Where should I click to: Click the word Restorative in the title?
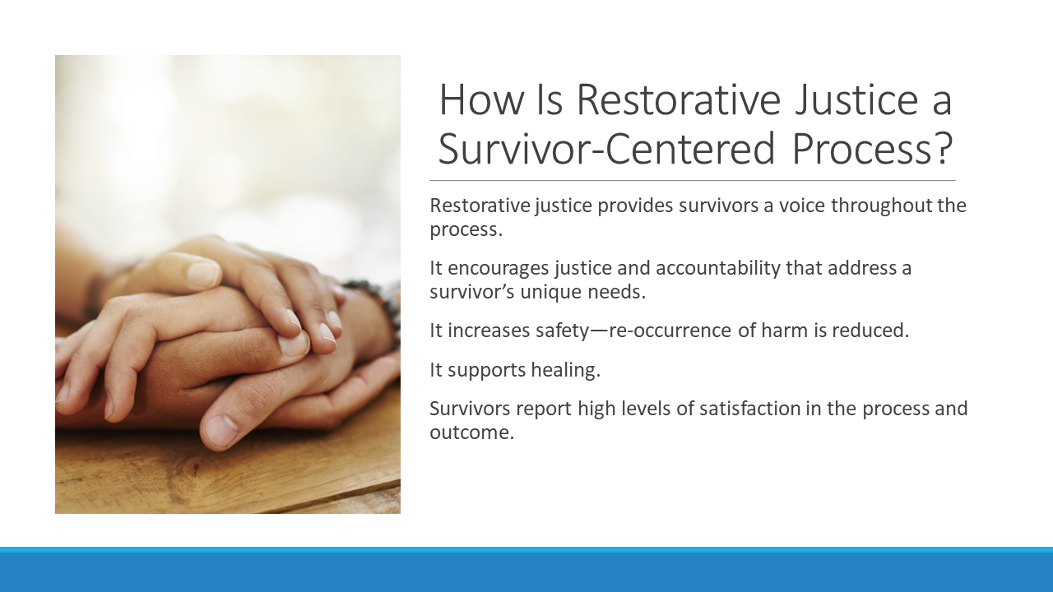point(679,99)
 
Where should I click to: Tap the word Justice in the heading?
point(856,99)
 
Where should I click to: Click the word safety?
point(562,331)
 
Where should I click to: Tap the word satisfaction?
point(749,409)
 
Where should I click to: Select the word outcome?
point(472,432)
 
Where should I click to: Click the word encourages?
point(499,268)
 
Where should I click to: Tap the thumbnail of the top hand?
point(203,275)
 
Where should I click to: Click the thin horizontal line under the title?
point(693,180)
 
